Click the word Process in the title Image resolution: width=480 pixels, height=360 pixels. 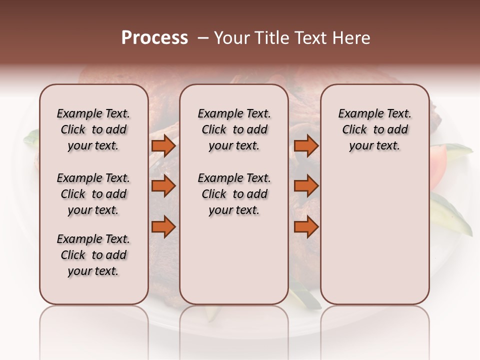154,38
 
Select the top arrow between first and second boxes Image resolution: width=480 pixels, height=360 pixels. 163,146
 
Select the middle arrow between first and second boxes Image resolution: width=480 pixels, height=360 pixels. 163,186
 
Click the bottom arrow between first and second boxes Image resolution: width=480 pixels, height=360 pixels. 163,227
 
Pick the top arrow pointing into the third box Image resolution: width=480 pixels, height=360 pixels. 306,146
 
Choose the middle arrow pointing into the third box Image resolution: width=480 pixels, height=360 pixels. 306,186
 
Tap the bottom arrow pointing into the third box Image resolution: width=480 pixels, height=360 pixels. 306,227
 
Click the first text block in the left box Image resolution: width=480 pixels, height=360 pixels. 93,129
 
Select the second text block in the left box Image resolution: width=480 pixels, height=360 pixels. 93,194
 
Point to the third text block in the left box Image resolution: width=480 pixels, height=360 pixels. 93,255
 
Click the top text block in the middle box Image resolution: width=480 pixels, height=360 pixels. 234,129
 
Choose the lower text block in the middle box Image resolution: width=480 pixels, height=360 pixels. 234,194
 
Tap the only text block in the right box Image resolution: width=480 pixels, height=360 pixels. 375,129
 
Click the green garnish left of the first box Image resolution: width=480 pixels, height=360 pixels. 31,138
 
